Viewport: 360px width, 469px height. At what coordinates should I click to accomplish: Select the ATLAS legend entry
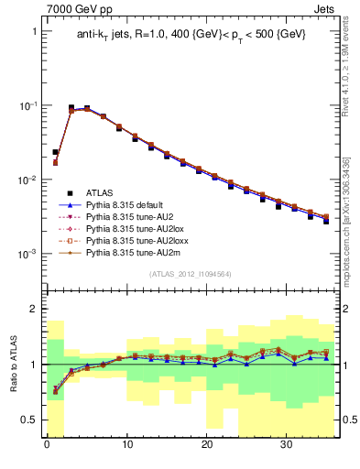(x=100, y=192)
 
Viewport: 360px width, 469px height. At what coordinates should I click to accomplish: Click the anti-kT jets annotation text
(x=191, y=34)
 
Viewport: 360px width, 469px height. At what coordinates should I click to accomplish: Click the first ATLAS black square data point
(x=55, y=152)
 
